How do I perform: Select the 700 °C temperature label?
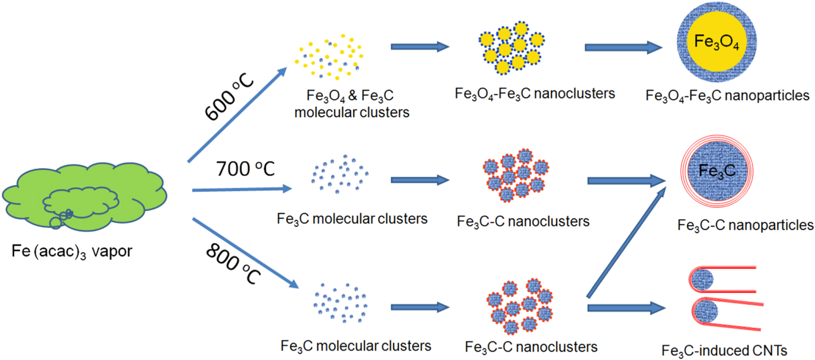click(x=245, y=169)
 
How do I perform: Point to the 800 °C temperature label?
click(x=233, y=264)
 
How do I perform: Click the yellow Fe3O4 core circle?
click(x=717, y=41)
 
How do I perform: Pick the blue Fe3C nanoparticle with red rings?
click(x=717, y=171)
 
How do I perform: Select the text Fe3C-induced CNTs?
click(x=724, y=351)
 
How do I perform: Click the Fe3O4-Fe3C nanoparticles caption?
click(x=727, y=96)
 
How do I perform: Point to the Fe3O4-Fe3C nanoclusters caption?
click(x=535, y=94)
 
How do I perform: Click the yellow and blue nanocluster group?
click(x=511, y=48)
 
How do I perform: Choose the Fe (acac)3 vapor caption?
click(x=72, y=252)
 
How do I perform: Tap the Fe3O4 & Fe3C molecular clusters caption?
click(x=351, y=104)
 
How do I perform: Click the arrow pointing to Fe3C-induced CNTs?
click(x=626, y=308)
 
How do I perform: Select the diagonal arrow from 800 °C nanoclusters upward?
click(x=626, y=243)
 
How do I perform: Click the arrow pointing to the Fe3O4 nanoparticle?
click(x=623, y=48)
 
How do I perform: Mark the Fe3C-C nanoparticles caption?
click(x=745, y=226)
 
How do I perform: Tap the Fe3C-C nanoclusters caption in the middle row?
click(x=523, y=222)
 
